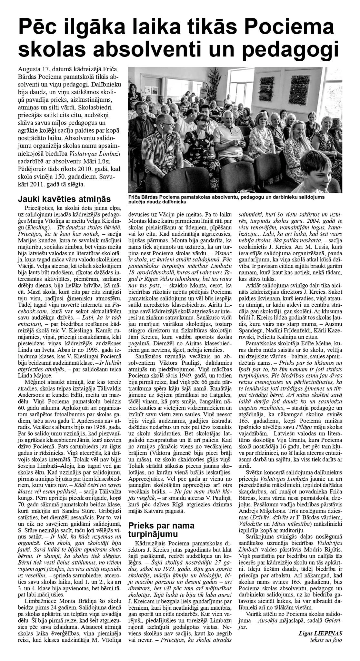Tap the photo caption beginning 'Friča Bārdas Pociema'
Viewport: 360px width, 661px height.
(226, 199)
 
